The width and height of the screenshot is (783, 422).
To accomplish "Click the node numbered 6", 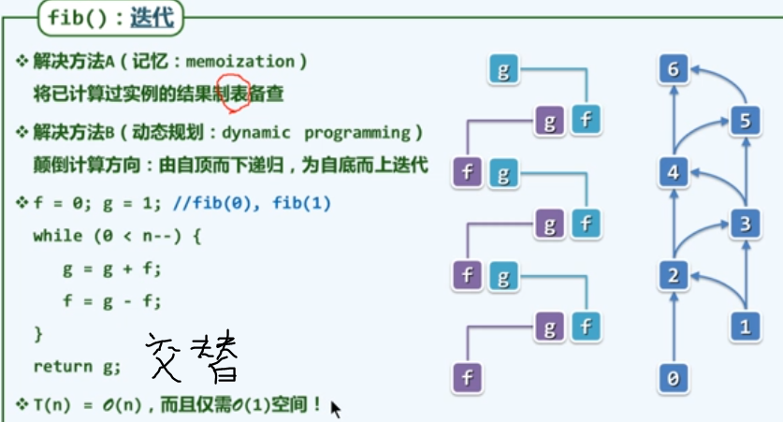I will (674, 68).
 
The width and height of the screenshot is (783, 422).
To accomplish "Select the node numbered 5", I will (745, 121).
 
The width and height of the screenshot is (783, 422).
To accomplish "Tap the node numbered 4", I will (674, 172).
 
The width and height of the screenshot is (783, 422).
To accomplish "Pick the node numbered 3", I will (745, 224).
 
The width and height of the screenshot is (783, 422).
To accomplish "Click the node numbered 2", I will (674, 275).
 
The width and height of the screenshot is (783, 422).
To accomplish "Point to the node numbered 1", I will (745, 327).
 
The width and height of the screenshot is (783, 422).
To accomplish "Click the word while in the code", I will (57, 236).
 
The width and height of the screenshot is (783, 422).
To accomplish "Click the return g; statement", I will (77, 366).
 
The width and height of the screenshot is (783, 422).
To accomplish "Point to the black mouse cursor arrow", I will (336, 409).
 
